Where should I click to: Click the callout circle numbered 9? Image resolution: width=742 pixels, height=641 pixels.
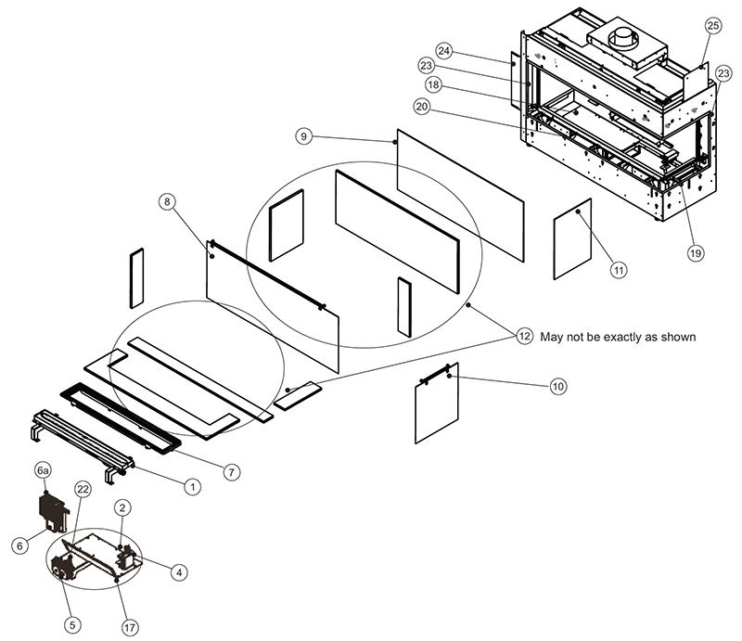click(x=303, y=135)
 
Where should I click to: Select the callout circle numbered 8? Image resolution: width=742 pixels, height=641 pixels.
click(x=167, y=201)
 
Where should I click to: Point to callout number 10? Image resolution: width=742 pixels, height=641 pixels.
click(x=556, y=385)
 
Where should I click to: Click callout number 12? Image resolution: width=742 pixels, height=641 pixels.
click(x=525, y=337)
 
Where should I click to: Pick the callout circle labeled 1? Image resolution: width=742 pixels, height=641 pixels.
click(x=192, y=485)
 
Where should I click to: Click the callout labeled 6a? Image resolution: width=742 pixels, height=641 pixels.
click(x=43, y=471)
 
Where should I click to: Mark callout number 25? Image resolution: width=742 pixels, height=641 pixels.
click(x=712, y=25)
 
